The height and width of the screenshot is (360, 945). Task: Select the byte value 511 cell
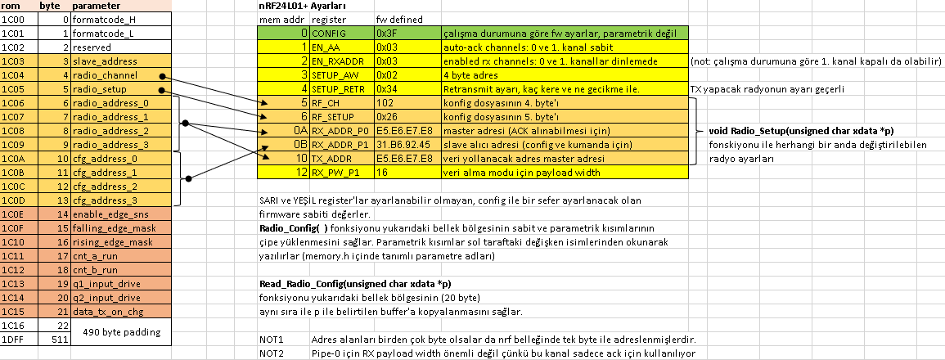55,340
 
